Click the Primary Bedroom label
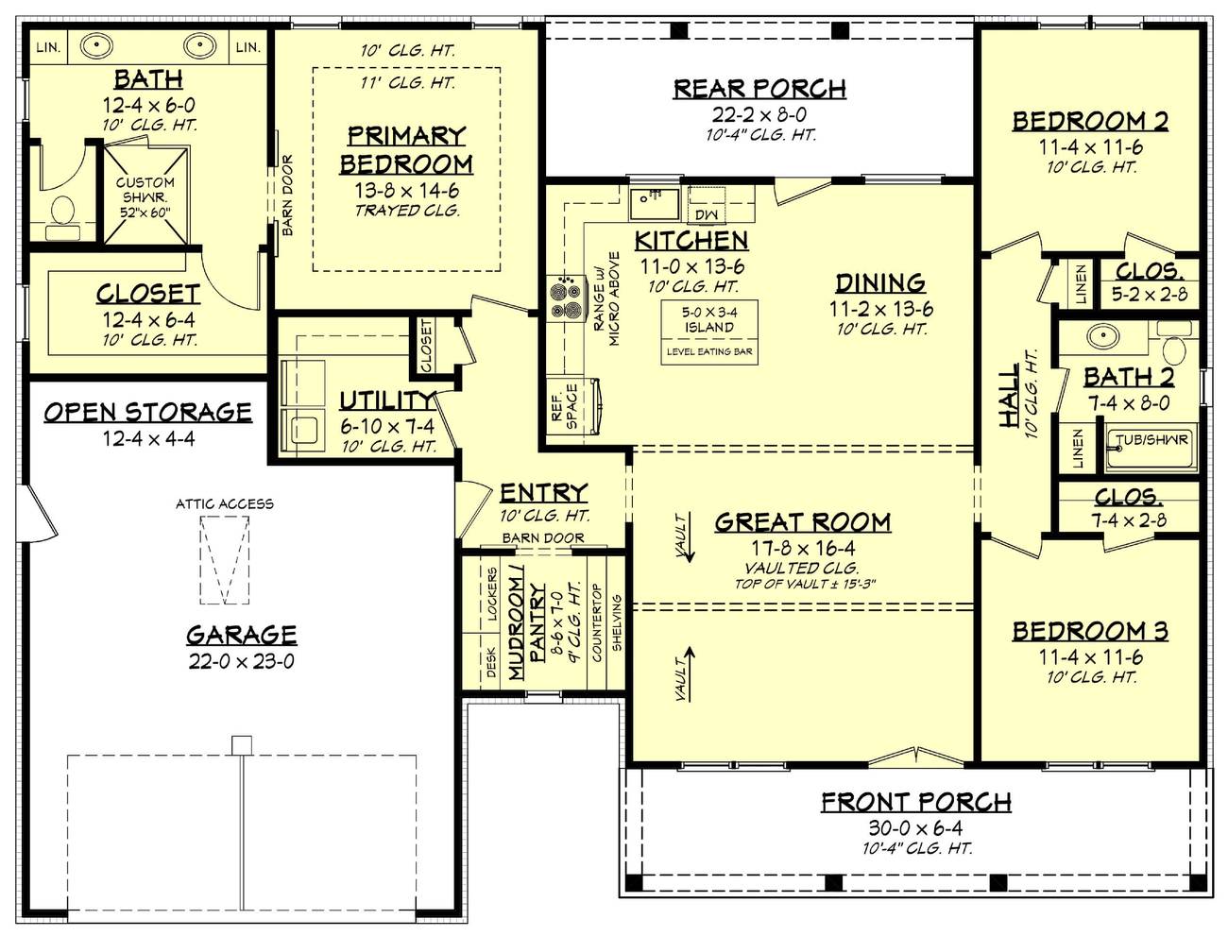[406, 150]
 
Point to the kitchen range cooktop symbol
[564, 298]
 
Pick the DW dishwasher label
[706, 215]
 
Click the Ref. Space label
[564, 406]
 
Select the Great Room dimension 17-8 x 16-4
[802, 548]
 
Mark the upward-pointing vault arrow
[688, 672]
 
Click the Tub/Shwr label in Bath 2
[1151, 440]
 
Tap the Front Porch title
[915, 803]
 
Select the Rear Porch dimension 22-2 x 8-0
[759, 114]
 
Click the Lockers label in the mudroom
[492, 594]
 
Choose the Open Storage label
[148, 412]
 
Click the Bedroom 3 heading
[1090, 631]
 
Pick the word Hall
[1009, 397]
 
